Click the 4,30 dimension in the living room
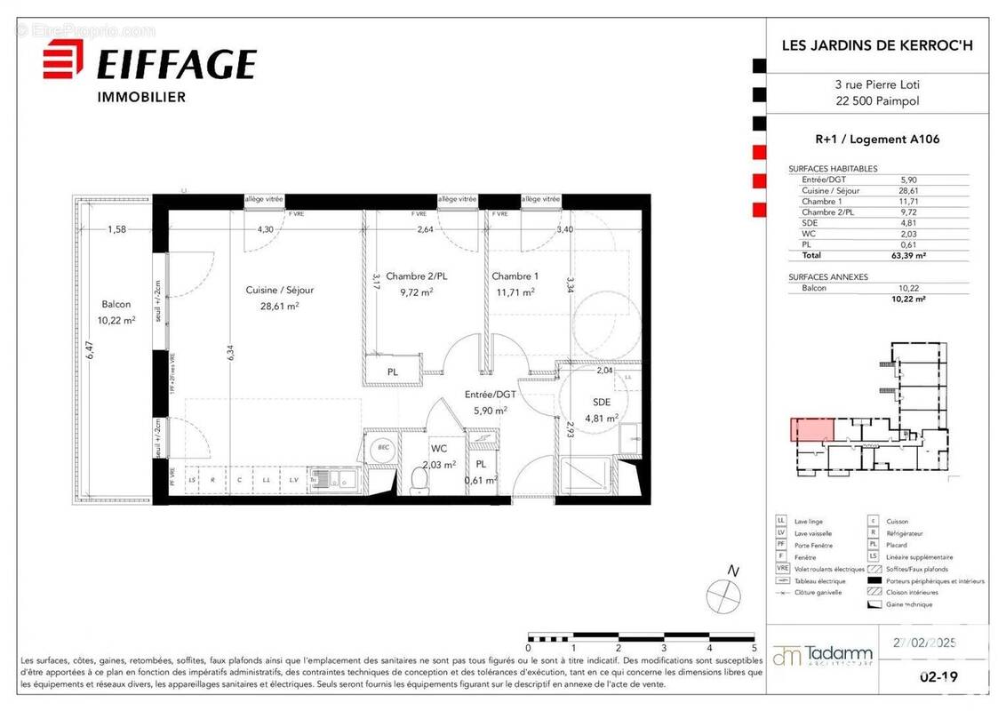coord(265,229)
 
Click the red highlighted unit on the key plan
coord(812,430)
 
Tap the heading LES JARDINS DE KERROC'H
coord(875,44)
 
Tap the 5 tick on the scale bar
coord(754,648)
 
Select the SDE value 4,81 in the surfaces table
coord(907,222)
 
